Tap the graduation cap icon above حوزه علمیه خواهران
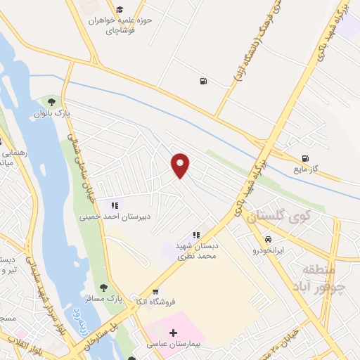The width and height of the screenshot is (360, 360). [120, 10]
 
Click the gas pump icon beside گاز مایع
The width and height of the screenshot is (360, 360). [304, 158]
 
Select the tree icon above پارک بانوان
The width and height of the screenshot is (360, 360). [51, 102]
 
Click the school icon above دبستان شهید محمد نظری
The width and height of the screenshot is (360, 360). [196, 235]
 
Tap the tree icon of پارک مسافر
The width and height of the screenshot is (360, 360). [103, 288]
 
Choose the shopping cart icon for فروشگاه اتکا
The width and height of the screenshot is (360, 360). [155, 291]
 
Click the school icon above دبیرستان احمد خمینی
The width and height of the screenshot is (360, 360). [115, 205]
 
